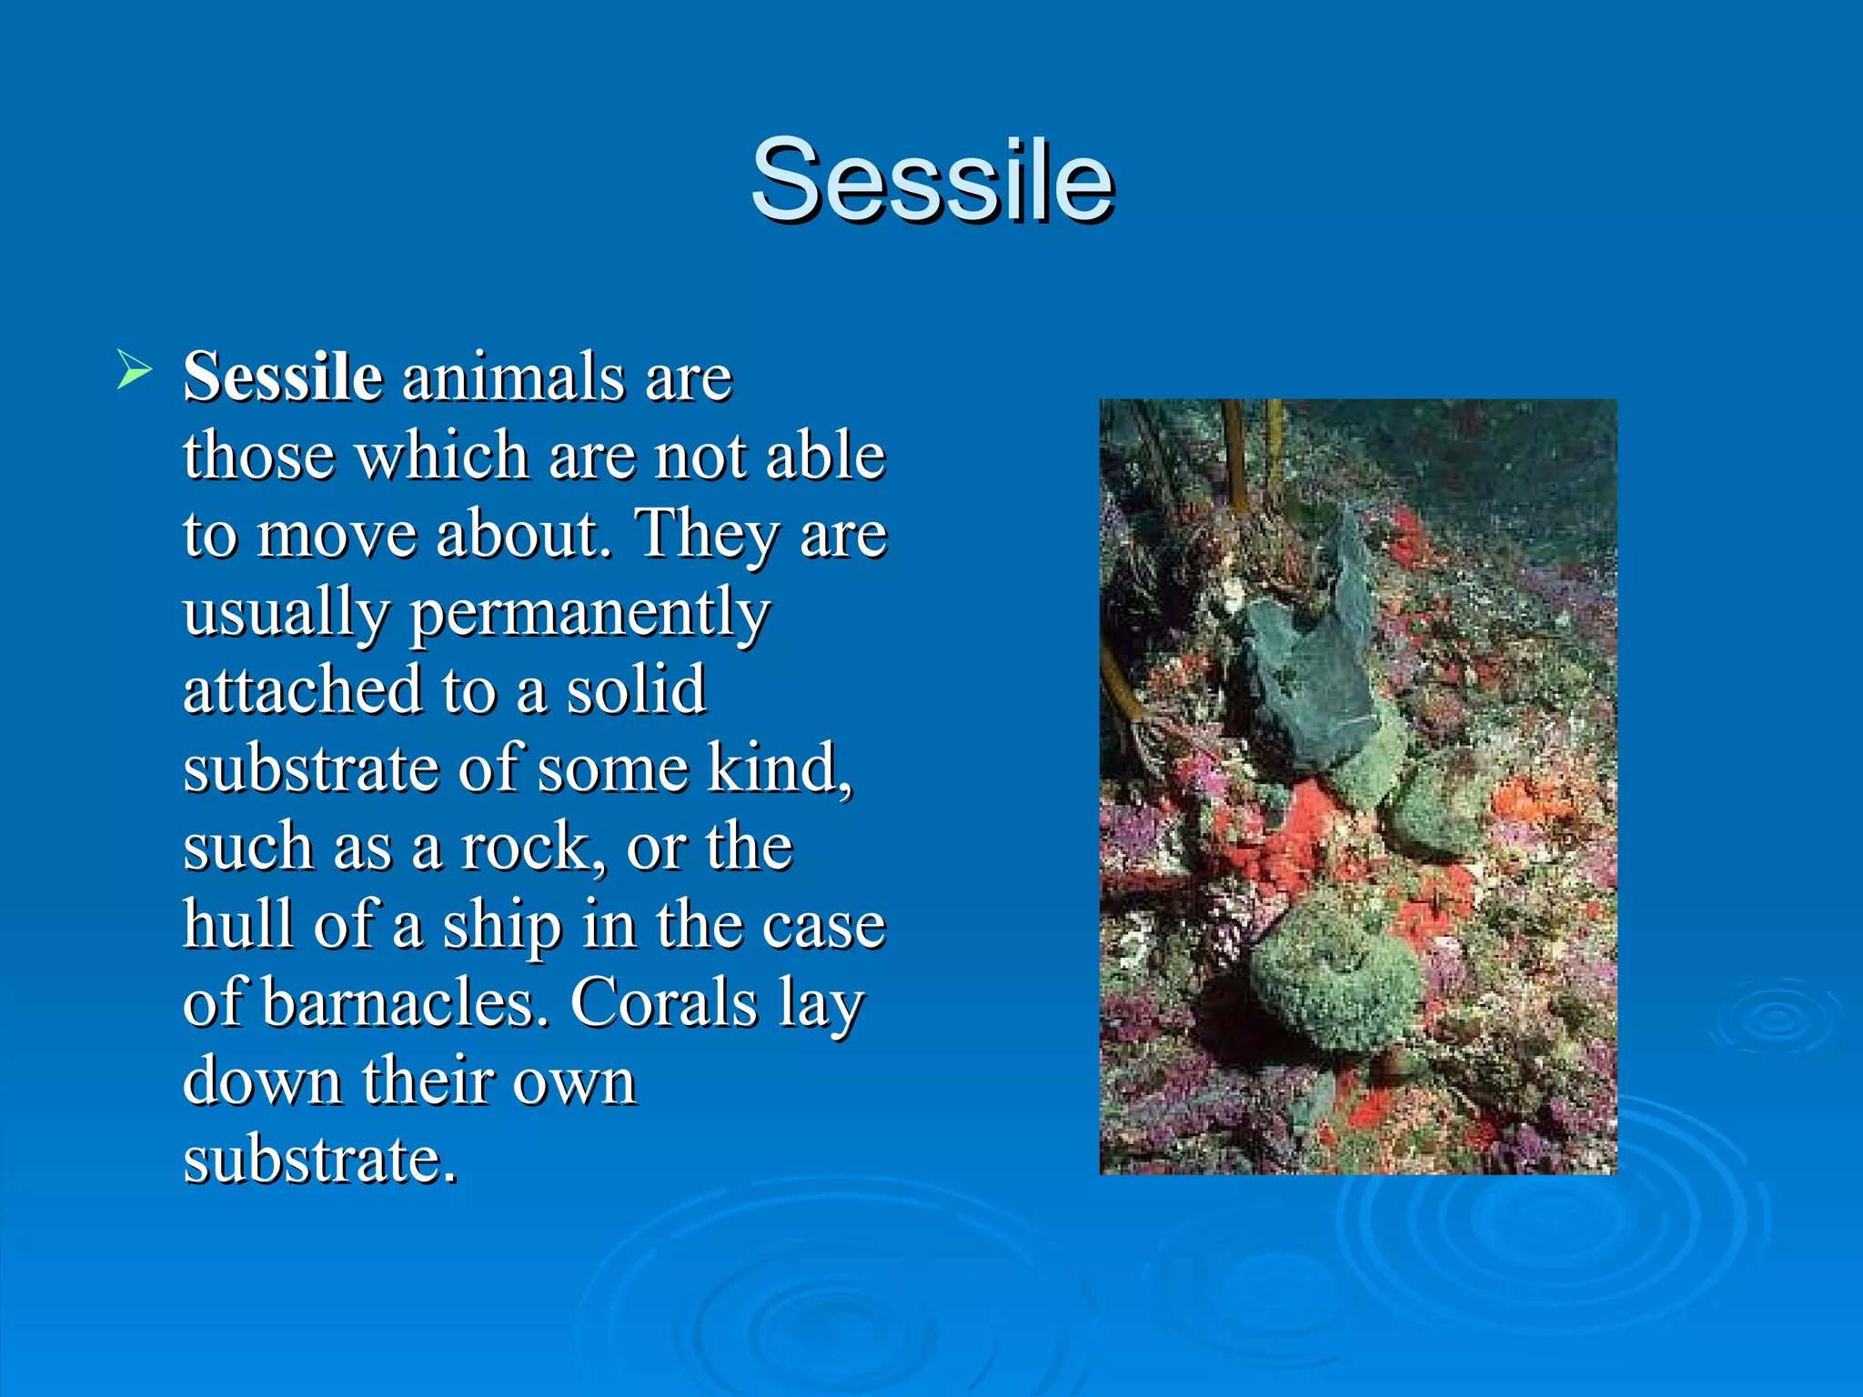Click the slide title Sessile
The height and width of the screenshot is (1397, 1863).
[x=931, y=179]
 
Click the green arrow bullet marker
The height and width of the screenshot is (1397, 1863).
[x=134, y=372]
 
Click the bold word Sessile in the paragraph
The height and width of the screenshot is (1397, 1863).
[x=282, y=377]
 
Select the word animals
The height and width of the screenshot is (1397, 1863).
[x=513, y=377]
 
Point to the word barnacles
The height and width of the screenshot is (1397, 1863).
[x=406, y=1003]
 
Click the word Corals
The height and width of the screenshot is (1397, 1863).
[x=664, y=1003]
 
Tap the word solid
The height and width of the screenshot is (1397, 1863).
[x=636, y=690]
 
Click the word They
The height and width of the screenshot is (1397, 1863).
[x=706, y=535]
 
